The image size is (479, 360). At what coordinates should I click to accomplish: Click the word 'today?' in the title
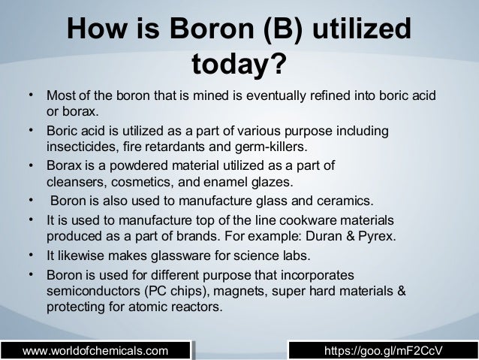click(239, 65)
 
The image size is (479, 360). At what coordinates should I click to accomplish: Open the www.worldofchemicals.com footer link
click(95, 349)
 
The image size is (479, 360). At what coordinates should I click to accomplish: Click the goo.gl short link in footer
click(382, 349)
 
